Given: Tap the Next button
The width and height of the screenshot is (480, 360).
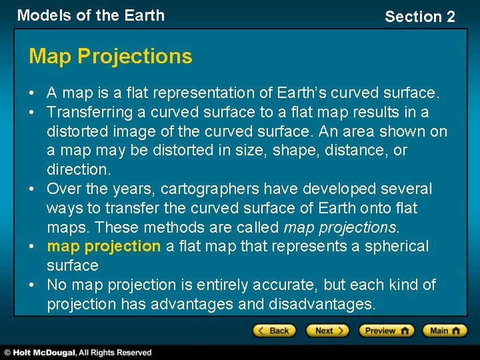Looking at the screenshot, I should coord(327,331).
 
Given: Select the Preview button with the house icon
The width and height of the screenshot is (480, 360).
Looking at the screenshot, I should coord(386,331).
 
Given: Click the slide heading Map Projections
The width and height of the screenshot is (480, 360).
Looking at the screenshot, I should coord(110,57).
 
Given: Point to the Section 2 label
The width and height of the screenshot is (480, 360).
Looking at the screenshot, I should coord(420,17).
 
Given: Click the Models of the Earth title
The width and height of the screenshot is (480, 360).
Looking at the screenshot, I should coord(91,15).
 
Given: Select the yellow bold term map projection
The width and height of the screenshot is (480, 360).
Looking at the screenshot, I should coord(103,246).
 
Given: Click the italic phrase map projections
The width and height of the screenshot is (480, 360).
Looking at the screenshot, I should coord(340,227).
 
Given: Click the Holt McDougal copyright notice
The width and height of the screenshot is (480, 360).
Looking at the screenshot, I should coord(79,352).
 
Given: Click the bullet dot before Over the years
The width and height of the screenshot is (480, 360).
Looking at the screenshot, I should coord(33,189).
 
